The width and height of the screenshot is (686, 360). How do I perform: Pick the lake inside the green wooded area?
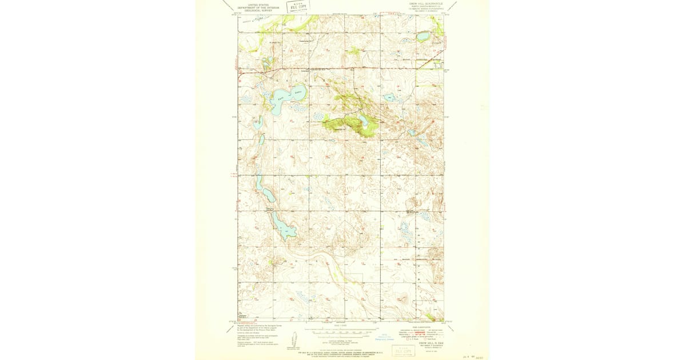click(x=363, y=120)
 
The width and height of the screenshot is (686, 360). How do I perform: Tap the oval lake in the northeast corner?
click(x=422, y=37)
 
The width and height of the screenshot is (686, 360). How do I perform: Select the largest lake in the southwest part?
click(x=284, y=227)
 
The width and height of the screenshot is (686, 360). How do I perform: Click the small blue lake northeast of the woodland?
click(x=390, y=97)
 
